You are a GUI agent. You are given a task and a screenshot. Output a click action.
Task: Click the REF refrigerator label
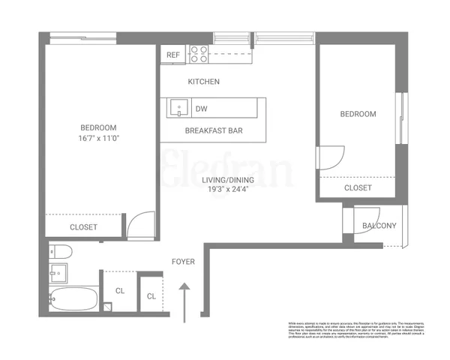(173, 55)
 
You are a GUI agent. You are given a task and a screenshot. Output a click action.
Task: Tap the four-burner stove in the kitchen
(198, 54)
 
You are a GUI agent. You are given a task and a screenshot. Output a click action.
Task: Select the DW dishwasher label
(201, 109)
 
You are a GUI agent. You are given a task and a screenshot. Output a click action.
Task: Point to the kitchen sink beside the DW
(178, 109)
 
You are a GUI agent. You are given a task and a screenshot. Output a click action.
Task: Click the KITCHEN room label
(203, 82)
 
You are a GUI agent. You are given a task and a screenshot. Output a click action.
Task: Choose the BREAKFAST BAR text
(214, 130)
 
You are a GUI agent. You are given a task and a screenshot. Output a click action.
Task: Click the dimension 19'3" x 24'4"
(226, 190)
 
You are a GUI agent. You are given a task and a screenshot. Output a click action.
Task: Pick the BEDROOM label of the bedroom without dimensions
(358, 114)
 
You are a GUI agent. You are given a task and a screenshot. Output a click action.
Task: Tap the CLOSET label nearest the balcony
(358, 188)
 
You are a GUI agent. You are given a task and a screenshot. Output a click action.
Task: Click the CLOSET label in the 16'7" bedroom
(83, 226)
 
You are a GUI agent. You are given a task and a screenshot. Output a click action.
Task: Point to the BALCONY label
(379, 226)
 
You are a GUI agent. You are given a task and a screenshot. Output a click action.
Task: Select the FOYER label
(183, 262)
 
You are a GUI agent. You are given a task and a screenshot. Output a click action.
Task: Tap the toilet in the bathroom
(58, 252)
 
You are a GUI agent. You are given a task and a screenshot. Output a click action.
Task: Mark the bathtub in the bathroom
(73, 299)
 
